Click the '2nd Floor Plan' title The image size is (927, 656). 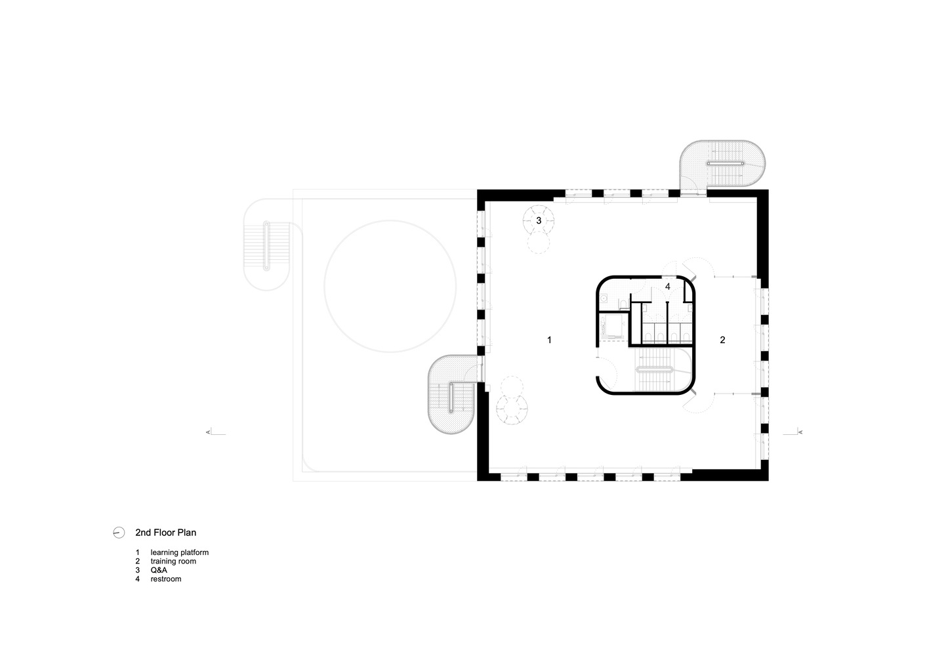point(165,533)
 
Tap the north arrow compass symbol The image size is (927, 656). point(119,533)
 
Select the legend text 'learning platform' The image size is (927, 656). point(180,552)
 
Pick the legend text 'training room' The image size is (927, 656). point(173,562)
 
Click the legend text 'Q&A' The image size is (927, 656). point(159,570)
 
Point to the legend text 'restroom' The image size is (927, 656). point(166,579)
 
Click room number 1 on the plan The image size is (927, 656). point(549,340)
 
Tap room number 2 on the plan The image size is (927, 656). point(722,340)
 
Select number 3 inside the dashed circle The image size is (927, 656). point(539,220)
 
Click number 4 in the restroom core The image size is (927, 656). point(667,287)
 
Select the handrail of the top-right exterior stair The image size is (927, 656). point(726,164)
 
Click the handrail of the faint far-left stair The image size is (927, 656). point(266,246)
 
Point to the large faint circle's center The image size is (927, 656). point(390,287)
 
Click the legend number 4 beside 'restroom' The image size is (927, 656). point(137,579)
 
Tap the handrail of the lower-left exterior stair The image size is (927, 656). point(451,398)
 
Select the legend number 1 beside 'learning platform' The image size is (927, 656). point(137,552)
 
